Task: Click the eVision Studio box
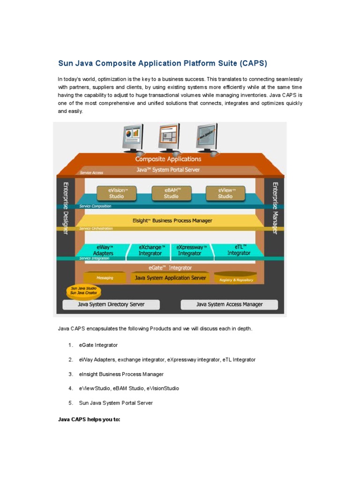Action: [116, 193]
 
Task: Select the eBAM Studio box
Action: [171, 193]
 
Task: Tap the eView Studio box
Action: [225, 193]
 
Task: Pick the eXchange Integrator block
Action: [150, 250]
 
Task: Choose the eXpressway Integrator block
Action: [189, 250]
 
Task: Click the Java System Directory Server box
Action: [111, 305]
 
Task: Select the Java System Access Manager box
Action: [229, 305]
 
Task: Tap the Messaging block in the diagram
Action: [105, 277]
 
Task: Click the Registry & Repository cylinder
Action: [236, 278]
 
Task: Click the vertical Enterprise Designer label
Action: [65, 208]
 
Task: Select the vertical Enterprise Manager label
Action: [275, 208]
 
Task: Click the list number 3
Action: [70, 374]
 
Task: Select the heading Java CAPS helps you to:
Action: [89, 420]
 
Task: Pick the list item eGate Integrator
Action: [98, 345]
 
